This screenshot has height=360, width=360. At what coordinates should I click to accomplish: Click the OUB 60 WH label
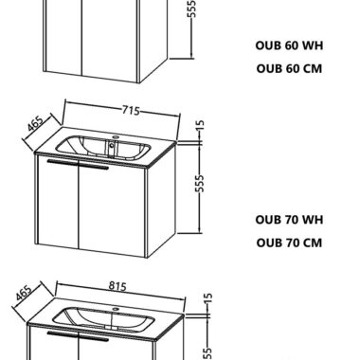(x=289, y=45)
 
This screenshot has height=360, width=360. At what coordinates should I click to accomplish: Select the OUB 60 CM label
(x=289, y=68)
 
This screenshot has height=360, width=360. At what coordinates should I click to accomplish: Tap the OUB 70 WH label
(x=289, y=220)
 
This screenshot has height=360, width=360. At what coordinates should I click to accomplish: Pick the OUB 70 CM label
(x=289, y=243)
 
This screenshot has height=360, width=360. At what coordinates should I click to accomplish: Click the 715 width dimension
(x=131, y=111)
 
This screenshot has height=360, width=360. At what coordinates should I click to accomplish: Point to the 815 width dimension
(x=117, y=286)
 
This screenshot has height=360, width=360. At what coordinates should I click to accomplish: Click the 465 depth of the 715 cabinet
(x=35, y=124)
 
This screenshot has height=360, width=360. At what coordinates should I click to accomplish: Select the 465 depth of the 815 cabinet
(x=24, y=293)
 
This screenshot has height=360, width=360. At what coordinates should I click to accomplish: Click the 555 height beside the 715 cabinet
(x=200, y=183)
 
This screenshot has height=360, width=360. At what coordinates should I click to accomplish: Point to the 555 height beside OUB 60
(x=191, y=9)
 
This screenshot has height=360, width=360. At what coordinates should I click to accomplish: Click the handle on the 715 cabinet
(x=78, y=165)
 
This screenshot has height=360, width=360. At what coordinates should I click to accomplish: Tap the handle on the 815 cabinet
(x=78, y=336)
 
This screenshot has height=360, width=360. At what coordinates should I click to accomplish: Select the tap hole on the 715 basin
(x=116, y=137)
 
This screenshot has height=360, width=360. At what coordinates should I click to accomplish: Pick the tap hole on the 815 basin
(x=116, y=309)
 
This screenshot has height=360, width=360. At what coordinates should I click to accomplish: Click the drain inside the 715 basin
(x=111, y=146)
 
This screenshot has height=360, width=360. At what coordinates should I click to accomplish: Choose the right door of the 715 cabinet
(x=112, y=211)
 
